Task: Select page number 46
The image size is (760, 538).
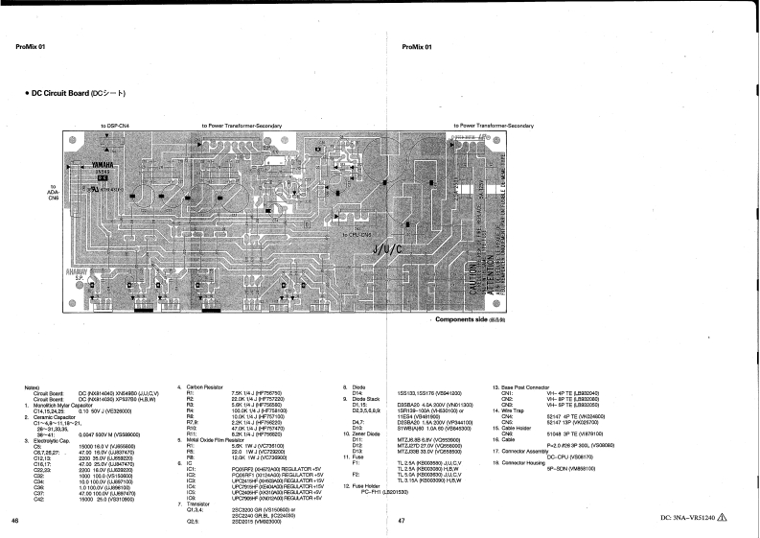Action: point(13,520)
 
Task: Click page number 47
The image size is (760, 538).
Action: point(402,520)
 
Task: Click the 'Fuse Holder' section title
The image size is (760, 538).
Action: point(367,486)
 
